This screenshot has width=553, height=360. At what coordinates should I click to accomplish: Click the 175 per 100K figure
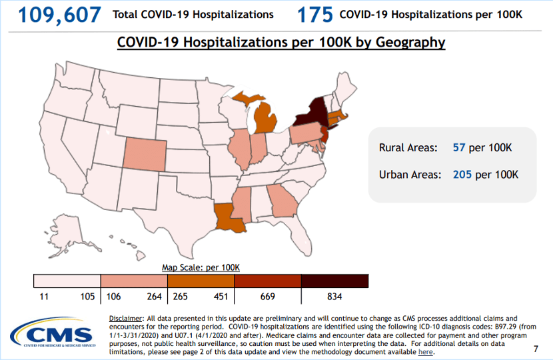312,14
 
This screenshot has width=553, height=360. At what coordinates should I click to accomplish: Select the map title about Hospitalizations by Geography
280,42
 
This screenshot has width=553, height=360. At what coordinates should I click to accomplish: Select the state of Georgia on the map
282,201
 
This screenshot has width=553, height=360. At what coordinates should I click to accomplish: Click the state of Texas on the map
177,213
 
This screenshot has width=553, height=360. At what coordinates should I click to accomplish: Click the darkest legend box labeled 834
334,281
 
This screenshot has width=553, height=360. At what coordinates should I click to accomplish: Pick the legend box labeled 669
268,281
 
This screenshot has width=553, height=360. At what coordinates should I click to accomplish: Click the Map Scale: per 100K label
201,267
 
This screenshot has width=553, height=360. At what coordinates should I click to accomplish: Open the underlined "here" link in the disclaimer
425,351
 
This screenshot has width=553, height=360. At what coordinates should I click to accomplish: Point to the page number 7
536,349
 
